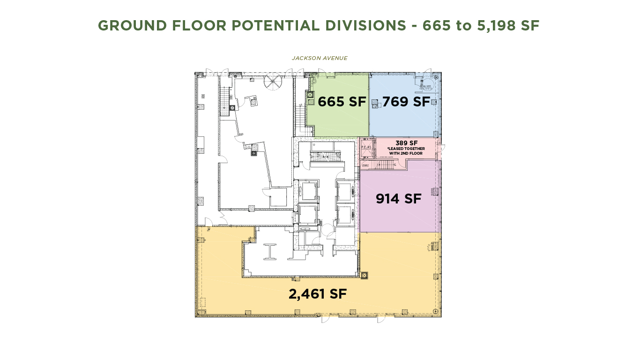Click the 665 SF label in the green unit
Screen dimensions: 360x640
pos(342,102)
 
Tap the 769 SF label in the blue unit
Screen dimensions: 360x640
pos(406,102)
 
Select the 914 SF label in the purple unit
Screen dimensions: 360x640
pos(398,199)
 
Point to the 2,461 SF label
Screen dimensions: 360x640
pos(318,294)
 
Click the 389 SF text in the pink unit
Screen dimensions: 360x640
pos(406,143)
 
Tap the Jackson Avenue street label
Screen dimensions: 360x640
pos(320,58)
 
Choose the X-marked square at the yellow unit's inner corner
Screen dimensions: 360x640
pos(364,275)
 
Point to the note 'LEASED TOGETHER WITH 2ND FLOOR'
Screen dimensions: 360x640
pos(406,151)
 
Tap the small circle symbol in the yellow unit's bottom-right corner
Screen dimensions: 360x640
pos(435,311)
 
